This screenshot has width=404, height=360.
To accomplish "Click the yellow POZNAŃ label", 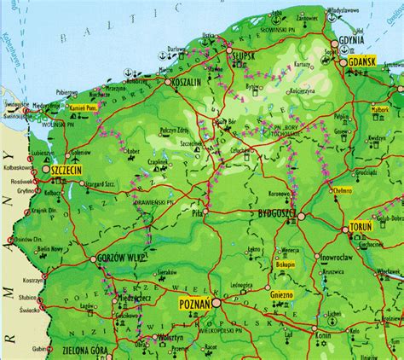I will pyautogui.click(x=193, y=303).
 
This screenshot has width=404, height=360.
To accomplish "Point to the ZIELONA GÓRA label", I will pyautogui.click(x=89, y=350).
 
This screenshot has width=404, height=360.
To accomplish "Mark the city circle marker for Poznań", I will pyautogui.click(x=216, y=301).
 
